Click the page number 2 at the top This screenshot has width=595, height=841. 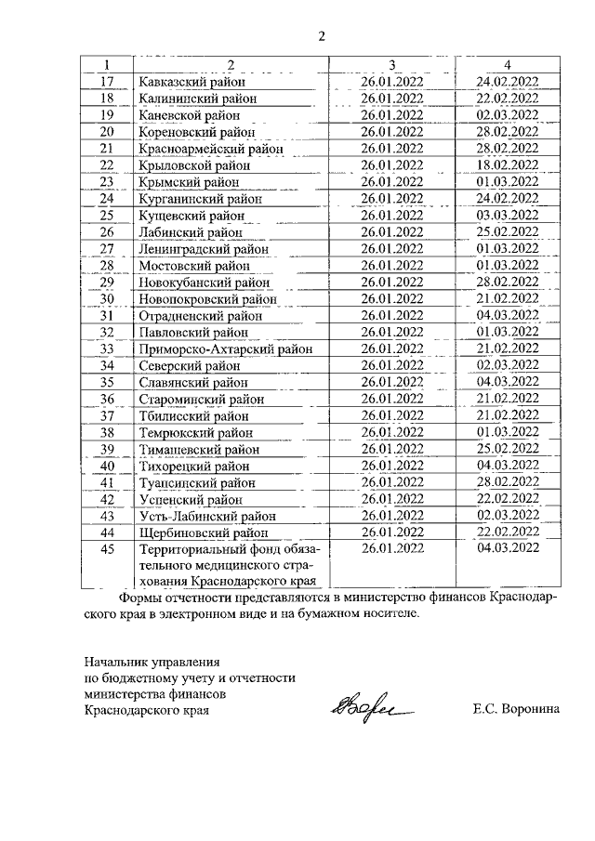[x=322, y=37]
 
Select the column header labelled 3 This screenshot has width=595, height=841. [x=391, y=64]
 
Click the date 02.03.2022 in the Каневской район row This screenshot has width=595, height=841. [x=507, y=115]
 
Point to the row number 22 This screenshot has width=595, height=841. [x=106, y=164]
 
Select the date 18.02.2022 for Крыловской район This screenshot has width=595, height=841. [x=507, y=164]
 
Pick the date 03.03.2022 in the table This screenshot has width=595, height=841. [x=507, y=216]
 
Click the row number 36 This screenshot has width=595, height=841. [x=106, y=400]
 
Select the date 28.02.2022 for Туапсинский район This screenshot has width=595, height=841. [x=507, y=481]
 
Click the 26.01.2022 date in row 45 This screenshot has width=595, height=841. [x=391, y=548]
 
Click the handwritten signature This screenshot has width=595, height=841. [x=360, y=712]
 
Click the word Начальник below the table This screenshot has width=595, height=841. [x=114, y=662]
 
